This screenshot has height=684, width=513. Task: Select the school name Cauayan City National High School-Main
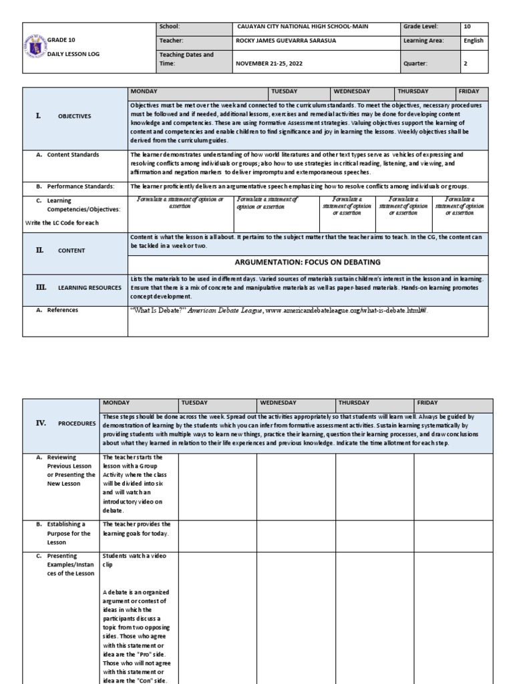point(302,27)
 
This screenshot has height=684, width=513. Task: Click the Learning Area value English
point(473,41)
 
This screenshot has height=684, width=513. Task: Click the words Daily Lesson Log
point(74,53)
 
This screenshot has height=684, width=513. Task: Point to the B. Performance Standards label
point(75,186)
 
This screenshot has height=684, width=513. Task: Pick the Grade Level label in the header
point(420,27)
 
